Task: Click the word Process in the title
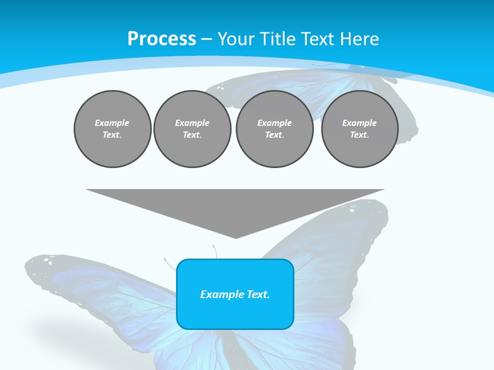click(162, 39)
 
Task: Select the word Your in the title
click(237, 39)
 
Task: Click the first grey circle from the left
click(112, 129)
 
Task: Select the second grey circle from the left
click(192, 129)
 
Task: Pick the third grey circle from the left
click(274, 129)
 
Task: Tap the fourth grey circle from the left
click(360, 129)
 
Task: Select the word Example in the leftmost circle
click(112, 123)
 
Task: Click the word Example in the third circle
click(274, 123)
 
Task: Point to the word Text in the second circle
click(191, 135)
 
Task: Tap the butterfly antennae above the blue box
click(215, 252)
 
